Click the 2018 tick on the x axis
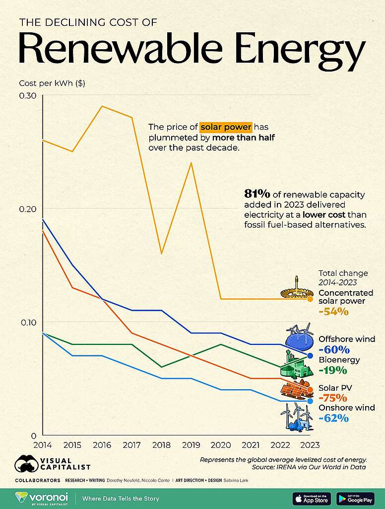tap(161, 445)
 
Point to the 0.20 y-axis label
tap(28, 208)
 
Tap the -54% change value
tap(333, 312)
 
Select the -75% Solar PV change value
tap(333, 398)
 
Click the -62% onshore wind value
tap(333, 419)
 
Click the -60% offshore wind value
tap(335, 350)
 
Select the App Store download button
tap(311, 498)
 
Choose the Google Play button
tap(355, 498)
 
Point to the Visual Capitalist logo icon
tap(27, 464)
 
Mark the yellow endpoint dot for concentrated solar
tap(310, 299)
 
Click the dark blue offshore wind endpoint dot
tap(310, 355)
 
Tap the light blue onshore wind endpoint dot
tap(310, 401)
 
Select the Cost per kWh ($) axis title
tap(52, 83)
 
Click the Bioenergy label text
tap(339, 359)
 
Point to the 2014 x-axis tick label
tap(43, 445)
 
